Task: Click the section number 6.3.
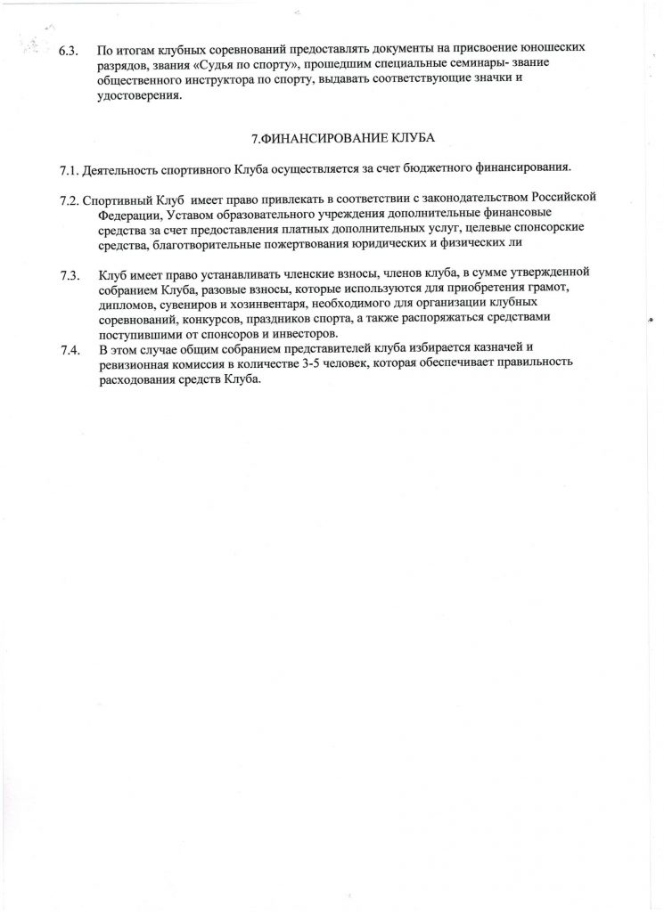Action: [69, 52]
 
